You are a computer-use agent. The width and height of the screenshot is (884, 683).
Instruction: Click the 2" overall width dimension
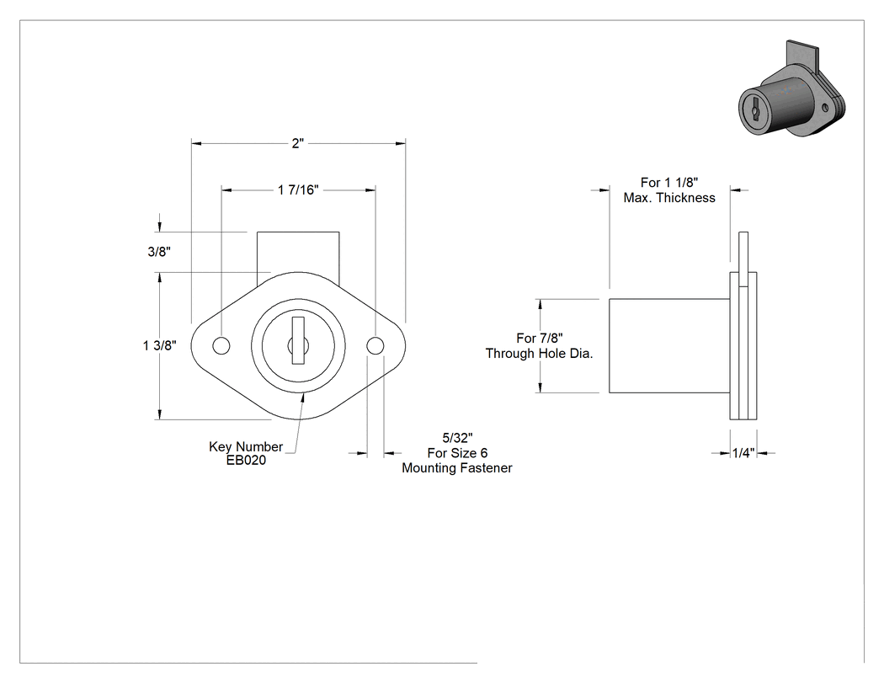(x=298, y=143)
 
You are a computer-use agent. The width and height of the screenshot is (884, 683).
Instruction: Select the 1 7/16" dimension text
(x=298, y=190)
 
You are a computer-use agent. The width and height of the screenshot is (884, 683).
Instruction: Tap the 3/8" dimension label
(x=159, y=252)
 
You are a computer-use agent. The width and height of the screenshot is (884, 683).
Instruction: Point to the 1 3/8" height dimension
(x=160, y=345)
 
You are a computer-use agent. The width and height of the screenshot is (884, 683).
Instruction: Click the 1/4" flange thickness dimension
(x=743, y=453)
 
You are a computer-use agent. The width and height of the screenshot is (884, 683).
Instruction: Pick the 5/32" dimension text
(x=457, y=438)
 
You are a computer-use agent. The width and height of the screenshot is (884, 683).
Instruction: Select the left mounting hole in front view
(x=221, y=346)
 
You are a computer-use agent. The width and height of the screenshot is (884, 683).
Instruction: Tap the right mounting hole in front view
(x=375, y=346)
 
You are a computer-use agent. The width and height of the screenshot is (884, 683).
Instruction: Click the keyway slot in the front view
(x=298, y=340)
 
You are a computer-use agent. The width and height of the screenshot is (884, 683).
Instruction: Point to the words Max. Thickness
(x=669, y=198)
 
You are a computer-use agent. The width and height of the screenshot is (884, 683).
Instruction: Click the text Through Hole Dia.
(x=539, y=354)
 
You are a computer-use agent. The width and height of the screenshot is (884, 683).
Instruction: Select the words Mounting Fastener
(x=456, y=468)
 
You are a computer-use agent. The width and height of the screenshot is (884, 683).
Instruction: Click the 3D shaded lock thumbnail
(x=792, y=89)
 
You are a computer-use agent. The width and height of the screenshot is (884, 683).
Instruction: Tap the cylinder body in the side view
(x=669, y=346)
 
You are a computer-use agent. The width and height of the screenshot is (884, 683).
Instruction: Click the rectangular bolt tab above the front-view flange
(x=298, y=252)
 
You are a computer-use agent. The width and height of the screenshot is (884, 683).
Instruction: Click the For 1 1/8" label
(x=669, y=183)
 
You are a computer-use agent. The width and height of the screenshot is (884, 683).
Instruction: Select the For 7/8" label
(x=539, y=338)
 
